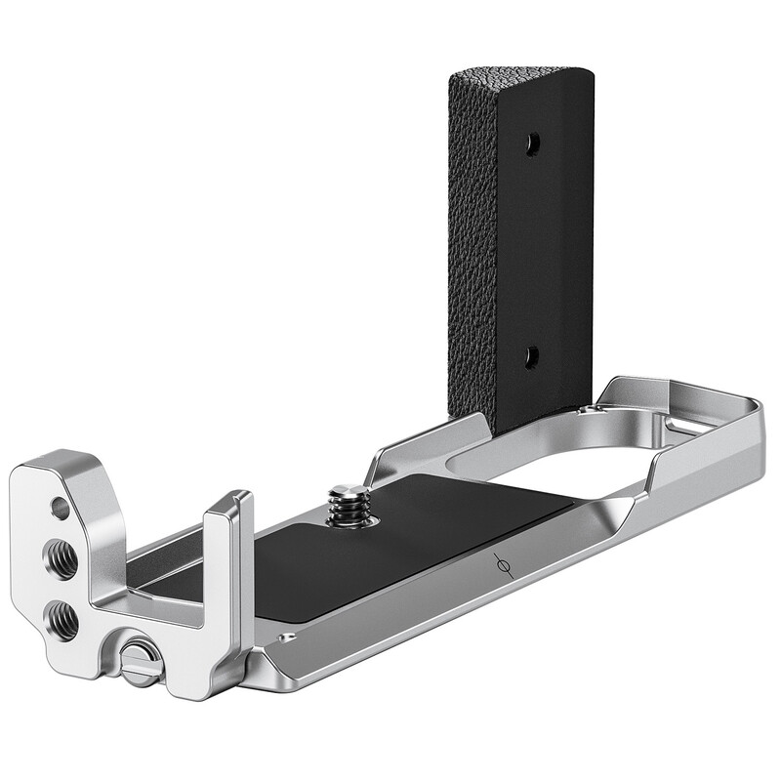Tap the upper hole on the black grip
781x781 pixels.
(x=532, y=144)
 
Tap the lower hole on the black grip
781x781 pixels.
(x=532, y=357)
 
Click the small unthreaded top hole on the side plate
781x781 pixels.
(x=60, y=508)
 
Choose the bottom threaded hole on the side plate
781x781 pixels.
(x=62, y=617)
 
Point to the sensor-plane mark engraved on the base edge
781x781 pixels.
(x=503, y=566)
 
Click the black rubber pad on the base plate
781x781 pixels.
(x=390, y=547)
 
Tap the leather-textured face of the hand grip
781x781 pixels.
(x=473, y=244)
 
